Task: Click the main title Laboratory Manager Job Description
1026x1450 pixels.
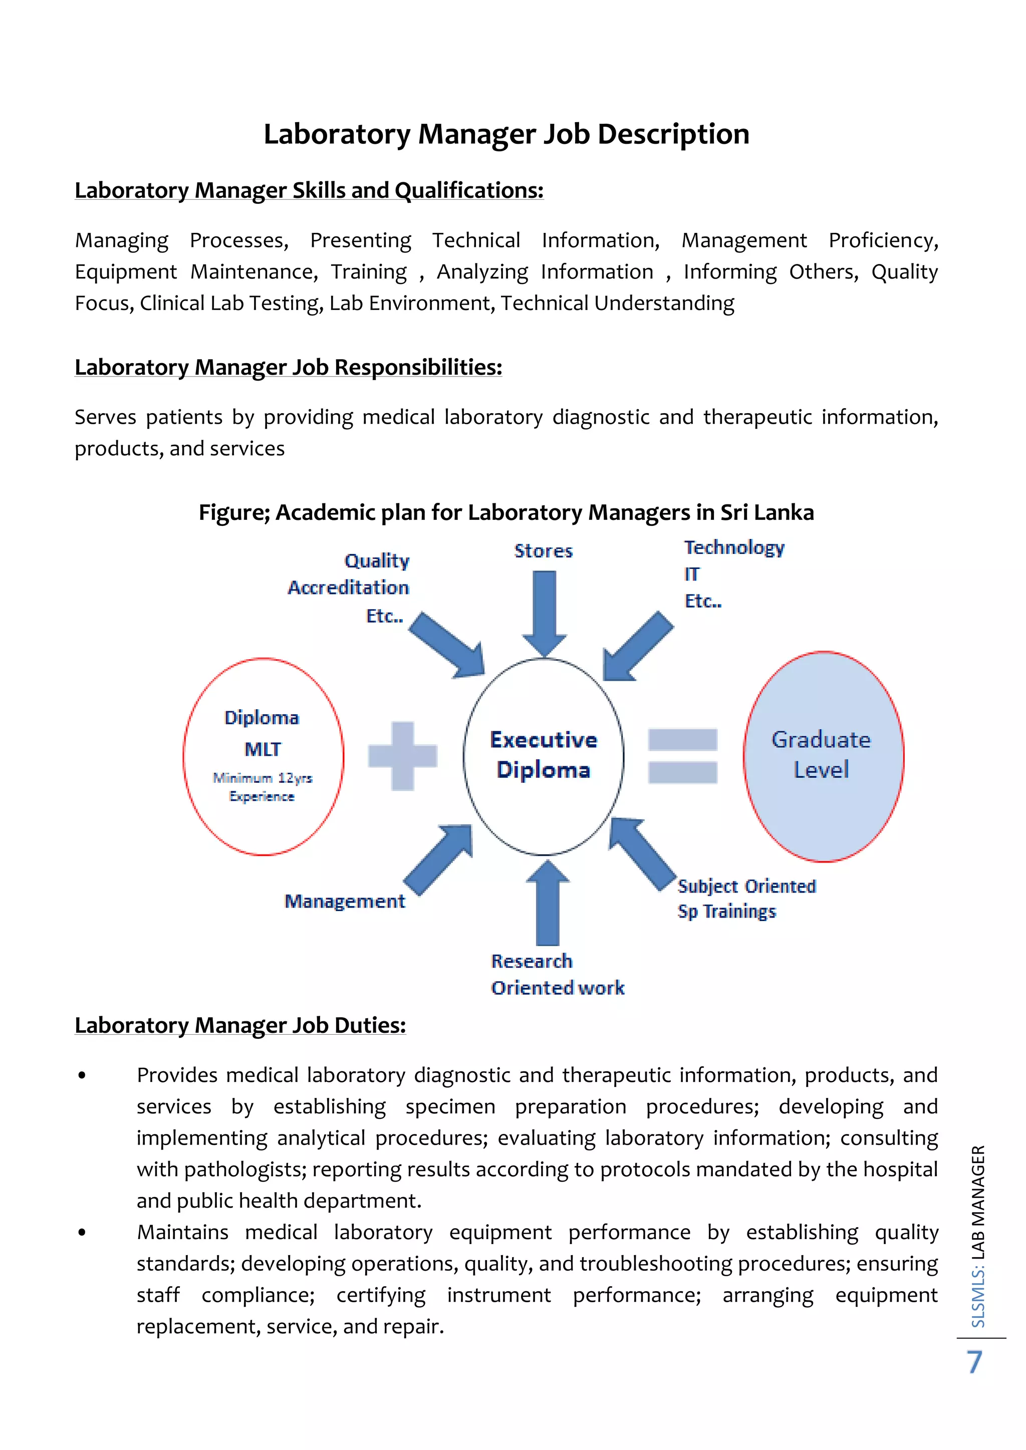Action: point(506,134)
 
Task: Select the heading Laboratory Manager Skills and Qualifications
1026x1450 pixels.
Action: point(309,190)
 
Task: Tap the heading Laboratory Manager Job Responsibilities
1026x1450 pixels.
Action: point(288,367)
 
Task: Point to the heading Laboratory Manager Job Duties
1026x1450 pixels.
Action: point(240,1025)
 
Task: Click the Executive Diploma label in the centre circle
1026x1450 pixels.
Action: point(544,755)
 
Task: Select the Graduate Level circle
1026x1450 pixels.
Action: point(823,756)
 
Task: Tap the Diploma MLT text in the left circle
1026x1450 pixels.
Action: point(262,733)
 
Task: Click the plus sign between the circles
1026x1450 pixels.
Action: point(402,756)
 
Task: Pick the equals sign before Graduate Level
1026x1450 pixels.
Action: point(682,756)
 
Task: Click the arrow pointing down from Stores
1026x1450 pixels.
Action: point(544,613)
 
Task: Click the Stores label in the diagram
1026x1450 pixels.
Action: point(544,551)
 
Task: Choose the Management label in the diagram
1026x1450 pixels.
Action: point(344,901)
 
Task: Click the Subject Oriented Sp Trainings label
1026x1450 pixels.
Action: point(746,899)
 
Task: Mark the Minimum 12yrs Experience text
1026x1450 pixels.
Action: point(262,787)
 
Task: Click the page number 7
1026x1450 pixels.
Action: point(975,1362)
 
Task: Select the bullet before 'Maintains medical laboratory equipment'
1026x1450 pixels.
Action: point(82,1232)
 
